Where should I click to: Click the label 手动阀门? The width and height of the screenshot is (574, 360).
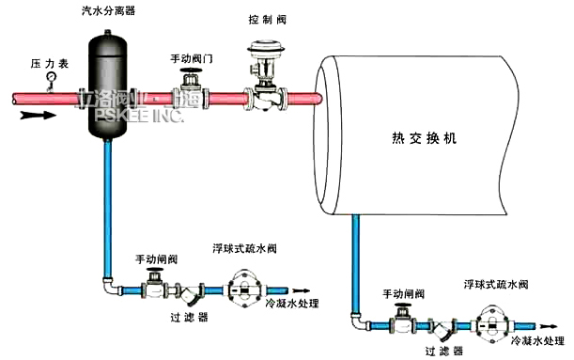coord(191,58)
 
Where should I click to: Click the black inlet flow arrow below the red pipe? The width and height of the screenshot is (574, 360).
coord(32,115)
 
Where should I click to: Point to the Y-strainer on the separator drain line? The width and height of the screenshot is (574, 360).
coord(192,294)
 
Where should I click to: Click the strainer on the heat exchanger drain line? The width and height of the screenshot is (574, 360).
coord(440,329)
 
